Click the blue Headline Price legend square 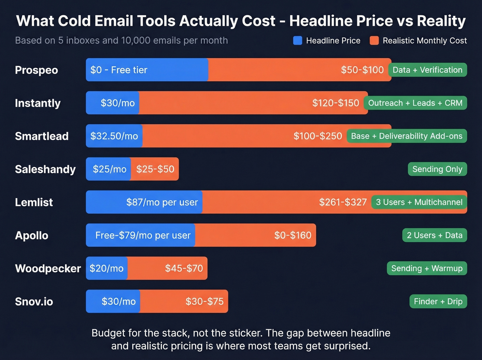point(297,41)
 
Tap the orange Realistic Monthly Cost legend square point(374,41)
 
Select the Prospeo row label point(36,70)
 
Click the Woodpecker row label point(48,268)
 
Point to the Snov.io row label point(34,301)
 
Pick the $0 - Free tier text point(119,70)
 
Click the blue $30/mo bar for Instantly point(113,103)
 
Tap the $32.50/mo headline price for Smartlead point(114,136)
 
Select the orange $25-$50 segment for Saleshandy point(155,169)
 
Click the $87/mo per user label point(162,202)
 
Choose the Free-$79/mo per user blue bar point(143,235)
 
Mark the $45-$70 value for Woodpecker point(184,268)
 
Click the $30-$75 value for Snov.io point(205,301)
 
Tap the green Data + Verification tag point(427,70)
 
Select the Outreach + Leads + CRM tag point(415,103)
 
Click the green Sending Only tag point(437,169)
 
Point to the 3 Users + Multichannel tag point(419,202)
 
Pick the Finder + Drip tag point(438,301)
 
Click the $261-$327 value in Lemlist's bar point(343,202)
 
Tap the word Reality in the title point(441,21)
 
